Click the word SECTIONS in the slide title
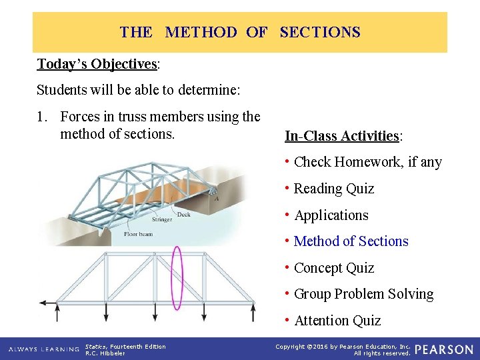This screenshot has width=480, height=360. [x=320, y=32]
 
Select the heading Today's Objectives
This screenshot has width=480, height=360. [x=97, y=64]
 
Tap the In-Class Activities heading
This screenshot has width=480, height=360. [x=343, y=136]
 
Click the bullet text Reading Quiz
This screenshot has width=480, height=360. [x=333, y=189]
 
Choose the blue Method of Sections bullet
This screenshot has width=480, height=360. [x=351, y=241]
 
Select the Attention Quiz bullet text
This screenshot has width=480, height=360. [x=337, y=321]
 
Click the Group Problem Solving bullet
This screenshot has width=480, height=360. [x=363, y=294]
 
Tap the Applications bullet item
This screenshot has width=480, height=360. [x=331, y=215]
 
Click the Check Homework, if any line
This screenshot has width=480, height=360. [x=367, y=162]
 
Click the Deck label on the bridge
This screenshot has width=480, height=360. [x=183, y=215]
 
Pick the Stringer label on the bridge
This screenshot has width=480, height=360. [x=163, y=219]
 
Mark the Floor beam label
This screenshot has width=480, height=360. [x=138, y=234]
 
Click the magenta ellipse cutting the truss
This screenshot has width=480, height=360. [x=177, y=278]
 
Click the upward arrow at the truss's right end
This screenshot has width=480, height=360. [x=254, y=312]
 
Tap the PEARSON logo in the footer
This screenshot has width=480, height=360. [x=443, y=349]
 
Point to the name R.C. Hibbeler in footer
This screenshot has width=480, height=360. [x=105, y=353]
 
